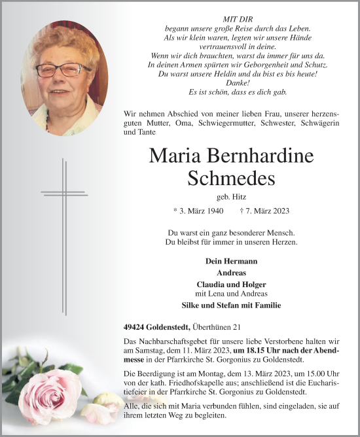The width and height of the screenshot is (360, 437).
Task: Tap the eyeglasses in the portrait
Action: pyautogui.click(x=56, y=69)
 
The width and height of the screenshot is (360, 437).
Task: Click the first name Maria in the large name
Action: pyautogui.click(x=183, y=156)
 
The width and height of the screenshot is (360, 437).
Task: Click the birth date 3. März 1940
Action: pyautogui.click(x=198, y=211)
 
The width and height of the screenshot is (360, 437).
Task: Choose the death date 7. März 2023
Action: pyautogui.click(x=264, y=211)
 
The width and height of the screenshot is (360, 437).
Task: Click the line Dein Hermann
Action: pyautogui.click(x=231, y=260)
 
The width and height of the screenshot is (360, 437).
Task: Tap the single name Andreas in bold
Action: pyautogui.click(x=231, y=272)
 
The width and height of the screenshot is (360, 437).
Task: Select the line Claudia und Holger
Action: pyautogui.click(x=231, y=284)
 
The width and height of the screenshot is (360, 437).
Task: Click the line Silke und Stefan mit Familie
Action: pyautogui.click(x=231, y=305)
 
